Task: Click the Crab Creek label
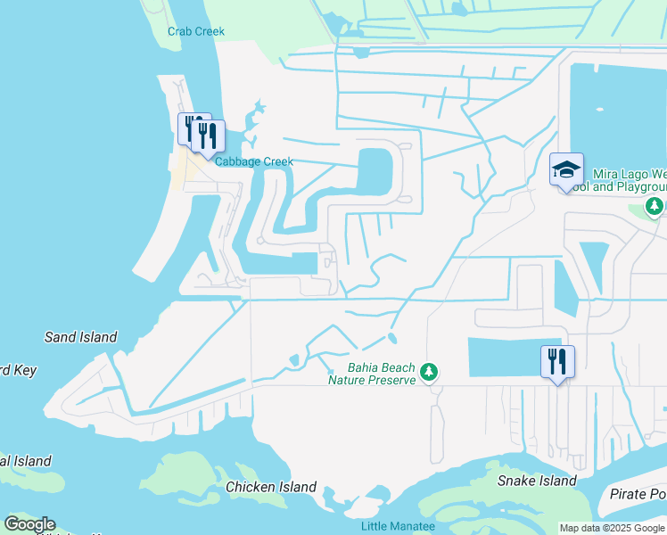[196, 31]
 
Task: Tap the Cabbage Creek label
[254, 162]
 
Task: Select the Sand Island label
[81, 337]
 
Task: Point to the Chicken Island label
[271, 487]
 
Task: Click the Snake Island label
[537, 481]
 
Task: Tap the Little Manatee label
[399, 526]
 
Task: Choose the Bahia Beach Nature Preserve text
[373, 374]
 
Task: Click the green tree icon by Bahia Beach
[430, 371]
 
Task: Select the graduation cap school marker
[566, 169]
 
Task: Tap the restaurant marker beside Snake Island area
[557, 362]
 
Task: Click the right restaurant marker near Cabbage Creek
[208, 136]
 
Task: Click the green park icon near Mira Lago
[655, 207]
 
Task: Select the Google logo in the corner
[29, 524]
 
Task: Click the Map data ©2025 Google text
[613, 528]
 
